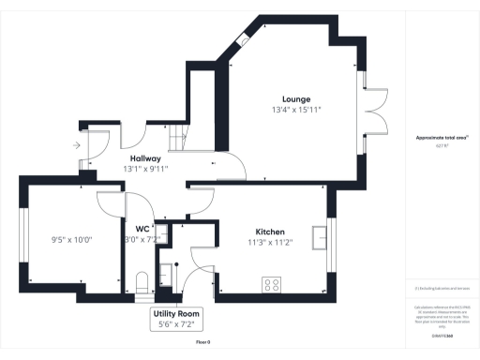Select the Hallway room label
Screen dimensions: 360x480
(144, 159)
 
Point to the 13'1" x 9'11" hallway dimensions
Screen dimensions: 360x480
(144, 170)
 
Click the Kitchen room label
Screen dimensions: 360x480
(271, 232)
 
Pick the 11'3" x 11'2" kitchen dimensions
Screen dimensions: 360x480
(271, 243)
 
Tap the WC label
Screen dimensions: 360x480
(142, 229)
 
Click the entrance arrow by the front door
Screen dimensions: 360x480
(75, 145)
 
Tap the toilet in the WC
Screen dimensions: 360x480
(142, 281)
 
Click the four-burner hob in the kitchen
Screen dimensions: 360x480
(274, 284)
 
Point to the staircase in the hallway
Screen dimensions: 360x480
(176, 141)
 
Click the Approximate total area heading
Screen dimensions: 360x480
(442, 137)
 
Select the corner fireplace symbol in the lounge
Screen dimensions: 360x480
(243, 41)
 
